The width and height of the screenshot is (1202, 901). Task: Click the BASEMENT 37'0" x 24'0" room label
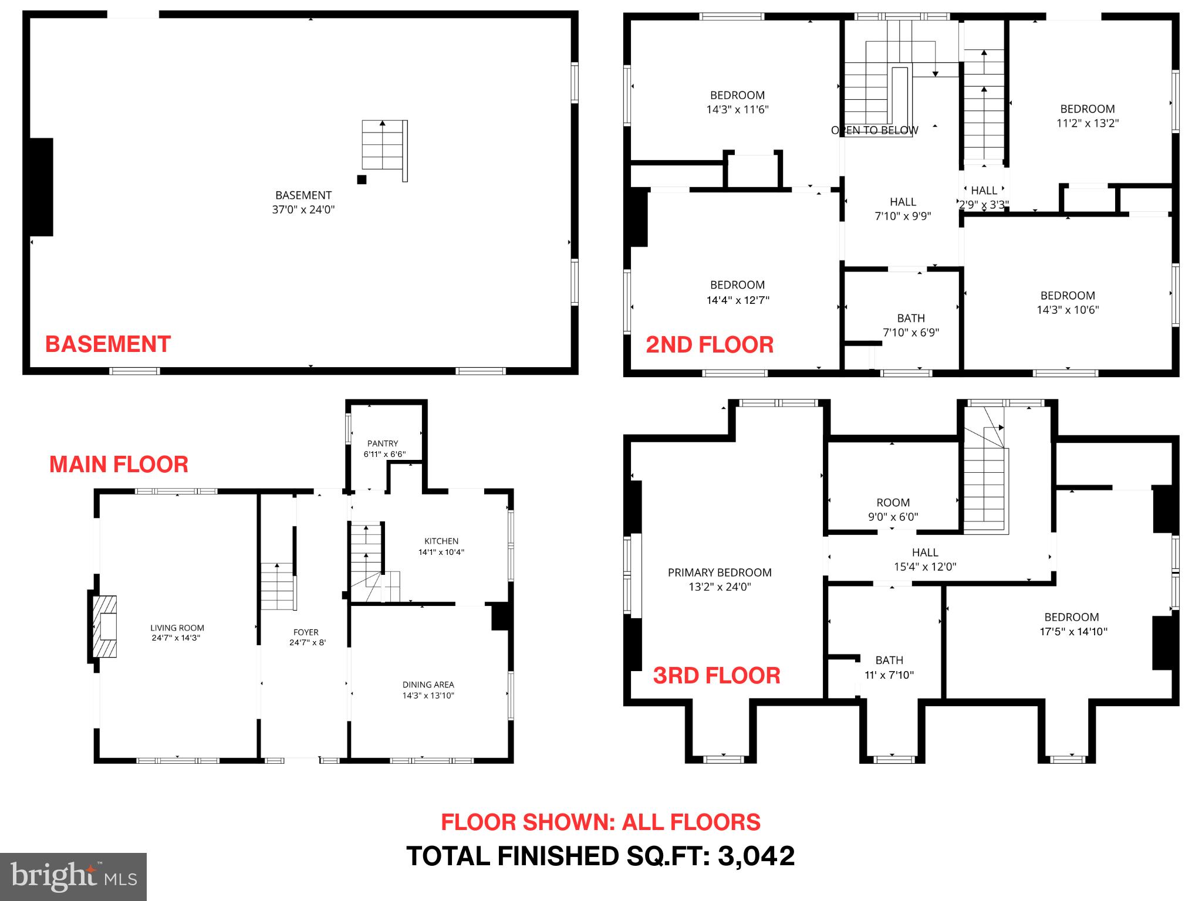[303, 202]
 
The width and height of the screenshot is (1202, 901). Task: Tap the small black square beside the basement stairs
[362, 179]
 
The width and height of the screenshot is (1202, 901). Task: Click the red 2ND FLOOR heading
[710, 344]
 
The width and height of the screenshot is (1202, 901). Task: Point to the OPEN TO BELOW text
[875, 130]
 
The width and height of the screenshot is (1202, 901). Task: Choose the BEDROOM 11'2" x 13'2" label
[1088, 116]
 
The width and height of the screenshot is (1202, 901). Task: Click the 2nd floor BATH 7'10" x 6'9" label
[911, 325]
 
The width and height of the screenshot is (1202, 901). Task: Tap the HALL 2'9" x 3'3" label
[984, 197]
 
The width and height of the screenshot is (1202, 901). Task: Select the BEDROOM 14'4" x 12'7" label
[737, 292]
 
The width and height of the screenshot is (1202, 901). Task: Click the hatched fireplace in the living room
[105, 626]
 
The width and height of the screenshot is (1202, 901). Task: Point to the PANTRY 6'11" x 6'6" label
[383, 449]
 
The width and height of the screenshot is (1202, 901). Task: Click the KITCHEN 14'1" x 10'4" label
[441, 546]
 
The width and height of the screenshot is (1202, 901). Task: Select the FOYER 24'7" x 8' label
[306, 637]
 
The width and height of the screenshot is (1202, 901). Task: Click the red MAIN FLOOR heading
[119, 464]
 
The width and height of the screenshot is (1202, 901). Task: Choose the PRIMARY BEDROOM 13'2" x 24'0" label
[720, 579]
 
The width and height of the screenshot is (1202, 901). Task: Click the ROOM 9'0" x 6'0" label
[893, 509]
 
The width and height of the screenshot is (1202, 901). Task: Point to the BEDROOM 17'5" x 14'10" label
[1071, 624]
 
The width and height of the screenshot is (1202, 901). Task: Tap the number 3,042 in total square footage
[757, 856]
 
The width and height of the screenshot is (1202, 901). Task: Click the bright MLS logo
[73, 876]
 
